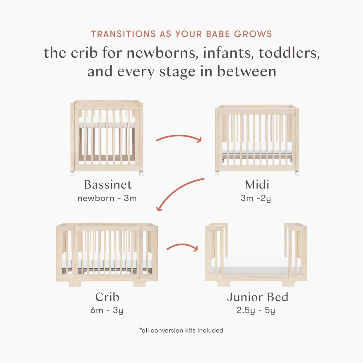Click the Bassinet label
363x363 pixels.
click(108, 185)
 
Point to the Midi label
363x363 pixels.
click(257, 185)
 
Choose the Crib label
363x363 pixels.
click(107, 297)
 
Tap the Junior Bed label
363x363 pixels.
click(257, 297)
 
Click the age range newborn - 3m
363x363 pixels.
click(107, 198)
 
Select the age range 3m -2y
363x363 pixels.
click(256, 198)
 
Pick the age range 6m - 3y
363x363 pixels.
click(107, 310)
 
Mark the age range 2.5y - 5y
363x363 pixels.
click(256, 310)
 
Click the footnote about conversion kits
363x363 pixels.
click(181, 331)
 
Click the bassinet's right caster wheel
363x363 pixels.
click(141, 173)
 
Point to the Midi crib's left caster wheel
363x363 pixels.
click(217, 173)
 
